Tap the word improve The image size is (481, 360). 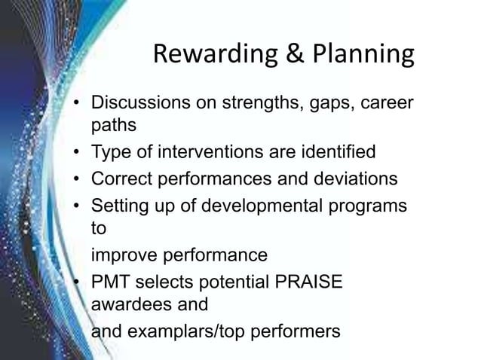point(121,253)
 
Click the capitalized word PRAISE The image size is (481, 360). point(311,280)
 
